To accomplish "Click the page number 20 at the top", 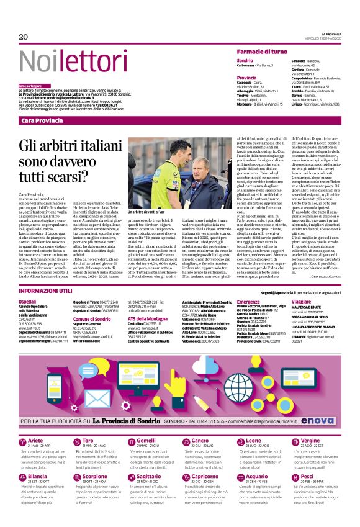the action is point(24,37).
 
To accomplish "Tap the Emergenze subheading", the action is point(248,301).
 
